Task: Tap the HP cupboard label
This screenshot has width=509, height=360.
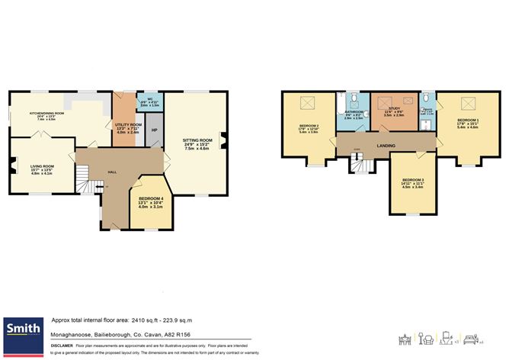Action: tap(155, 130)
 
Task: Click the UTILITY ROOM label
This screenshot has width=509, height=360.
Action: tap(128, 124)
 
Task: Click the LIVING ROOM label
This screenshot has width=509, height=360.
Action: tap(42, 166)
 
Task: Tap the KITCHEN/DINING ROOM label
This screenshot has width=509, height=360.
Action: tap(46, 114)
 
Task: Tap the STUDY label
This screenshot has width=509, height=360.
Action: tap(394, 109)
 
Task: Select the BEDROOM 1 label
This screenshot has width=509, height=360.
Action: tap(468, 121)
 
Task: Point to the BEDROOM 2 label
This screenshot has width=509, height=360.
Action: tap(309, 125)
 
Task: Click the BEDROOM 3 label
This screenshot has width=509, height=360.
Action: tap(412, 180)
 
